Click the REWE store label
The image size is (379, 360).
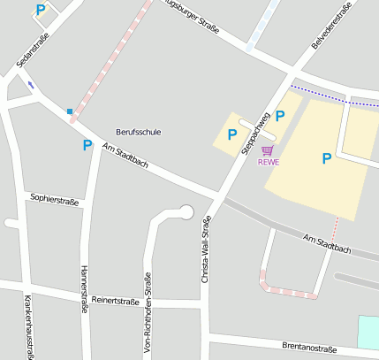[x=268, y=162]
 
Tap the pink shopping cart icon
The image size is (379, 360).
[x=267, y=150]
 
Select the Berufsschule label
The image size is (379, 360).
[x=139, y=132]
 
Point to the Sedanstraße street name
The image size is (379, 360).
[x=33, y=50]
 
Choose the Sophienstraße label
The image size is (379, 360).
[x=55, y=200]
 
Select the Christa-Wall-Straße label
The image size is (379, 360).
[x=206, y=249]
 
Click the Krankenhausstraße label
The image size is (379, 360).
[x=28, y=327]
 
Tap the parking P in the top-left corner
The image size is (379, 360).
[x=41, y=10]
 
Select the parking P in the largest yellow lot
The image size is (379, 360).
[x=326, y=158]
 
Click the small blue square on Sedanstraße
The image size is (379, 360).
[x=69, y=111]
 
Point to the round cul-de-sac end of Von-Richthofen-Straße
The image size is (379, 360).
[x=186, y=211]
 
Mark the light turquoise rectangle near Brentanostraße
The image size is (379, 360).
[x=368, y=331]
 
